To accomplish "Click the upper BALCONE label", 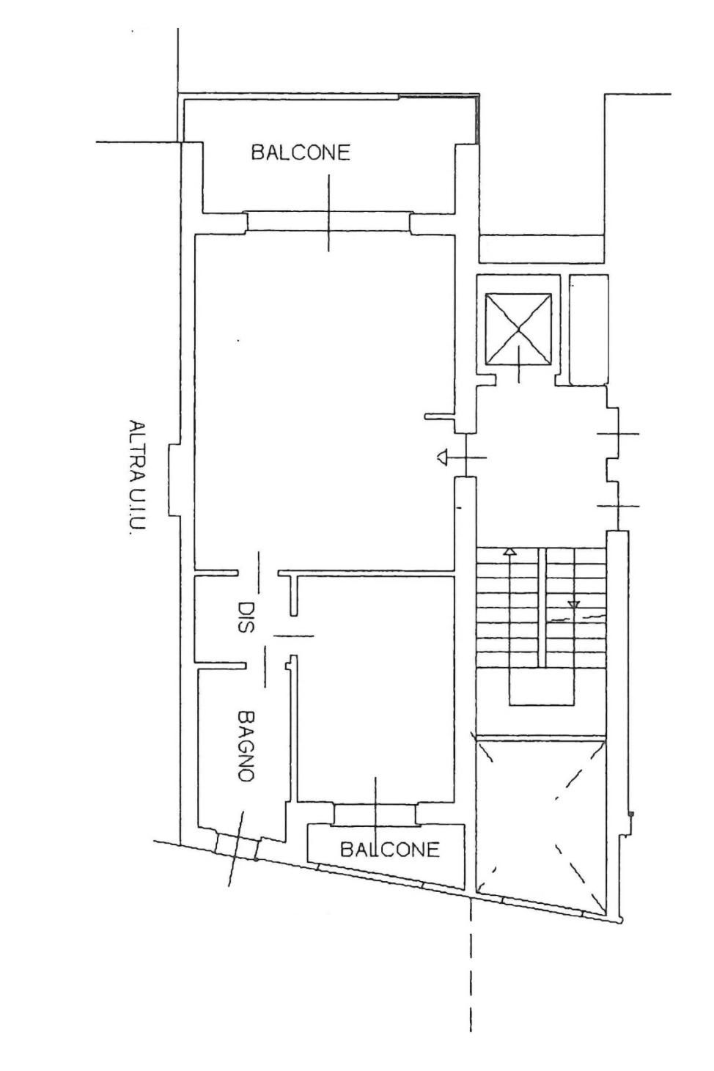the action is [301, 152].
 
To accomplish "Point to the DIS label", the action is [246, 617].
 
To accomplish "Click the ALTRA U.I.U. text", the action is [137, 476].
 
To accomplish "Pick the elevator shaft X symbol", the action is [518, 329].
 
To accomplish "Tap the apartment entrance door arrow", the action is [442, 457].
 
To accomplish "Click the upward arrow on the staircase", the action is [509, 552].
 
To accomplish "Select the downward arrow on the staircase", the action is [573, 605].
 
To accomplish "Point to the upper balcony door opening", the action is [328, 221].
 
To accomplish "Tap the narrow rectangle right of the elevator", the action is [589, 330].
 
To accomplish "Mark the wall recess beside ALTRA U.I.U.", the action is [174, 479].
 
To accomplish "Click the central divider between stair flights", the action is [542, 607].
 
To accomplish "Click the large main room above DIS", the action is [324, 402].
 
